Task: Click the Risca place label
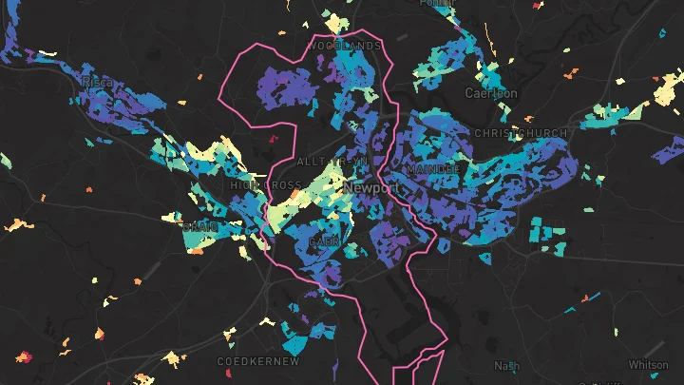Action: [x=98, y=83]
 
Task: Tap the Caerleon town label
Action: [x=491, y=93]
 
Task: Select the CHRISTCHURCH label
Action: [x=520, y=133]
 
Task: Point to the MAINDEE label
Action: [x=432, y=169]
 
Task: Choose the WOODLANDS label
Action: [x=343, y=46]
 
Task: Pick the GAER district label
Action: [x=323, y=242]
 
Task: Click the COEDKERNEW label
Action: [x=258, y=362]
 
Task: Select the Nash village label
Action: [x=507, y=366]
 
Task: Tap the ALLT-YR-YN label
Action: [x=332, y=163]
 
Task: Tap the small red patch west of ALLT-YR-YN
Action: [x=275, y=140]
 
